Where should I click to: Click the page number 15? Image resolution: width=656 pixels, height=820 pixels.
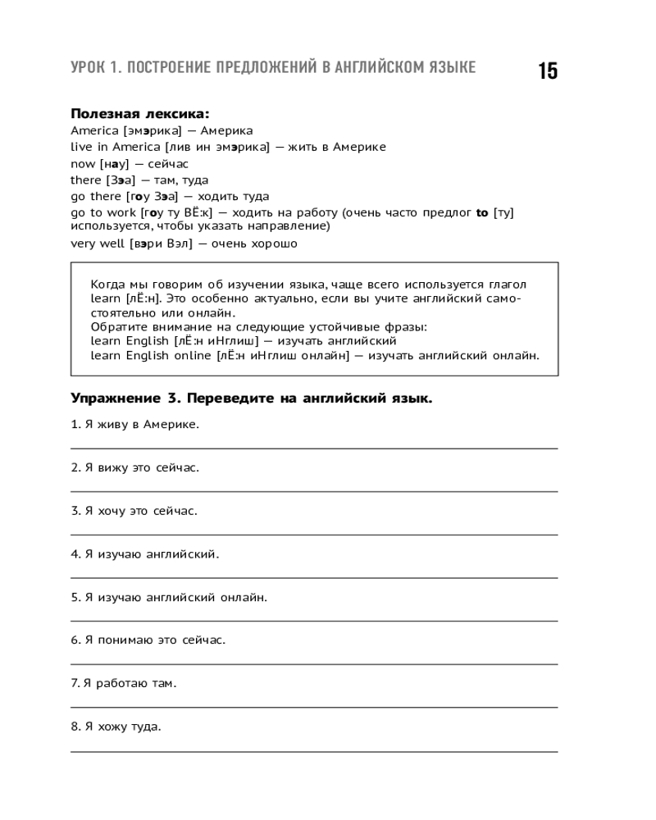548,71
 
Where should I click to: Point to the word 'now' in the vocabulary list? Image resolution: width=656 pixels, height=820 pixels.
84,163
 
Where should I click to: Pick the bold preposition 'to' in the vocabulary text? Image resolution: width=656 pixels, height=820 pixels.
481,212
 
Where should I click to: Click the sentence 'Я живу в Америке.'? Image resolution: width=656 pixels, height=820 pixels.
134,425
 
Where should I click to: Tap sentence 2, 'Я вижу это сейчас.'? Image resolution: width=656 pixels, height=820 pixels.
134,467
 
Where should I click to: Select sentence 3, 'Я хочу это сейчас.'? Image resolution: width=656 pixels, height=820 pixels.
134,511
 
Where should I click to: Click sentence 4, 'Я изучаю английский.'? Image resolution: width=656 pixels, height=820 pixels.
144,554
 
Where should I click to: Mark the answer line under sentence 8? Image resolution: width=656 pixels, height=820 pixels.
314,750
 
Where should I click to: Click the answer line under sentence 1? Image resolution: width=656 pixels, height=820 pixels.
314,449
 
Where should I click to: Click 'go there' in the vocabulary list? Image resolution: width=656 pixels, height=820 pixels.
97,196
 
